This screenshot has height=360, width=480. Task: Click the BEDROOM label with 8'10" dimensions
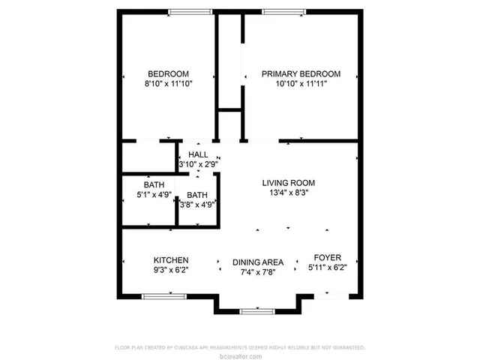point(167,73)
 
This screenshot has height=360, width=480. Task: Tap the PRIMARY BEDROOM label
point(301,73)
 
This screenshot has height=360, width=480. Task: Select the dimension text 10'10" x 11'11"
point(301,84)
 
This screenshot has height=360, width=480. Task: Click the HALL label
point(198,154)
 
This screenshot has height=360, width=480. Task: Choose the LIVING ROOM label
point(288,182)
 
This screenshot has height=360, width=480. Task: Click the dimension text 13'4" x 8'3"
point(288,193)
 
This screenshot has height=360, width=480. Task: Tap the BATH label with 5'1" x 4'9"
point(154,184)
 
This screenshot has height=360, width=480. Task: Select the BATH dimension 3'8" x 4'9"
point(196,203)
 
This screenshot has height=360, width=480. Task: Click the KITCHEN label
point(171,260)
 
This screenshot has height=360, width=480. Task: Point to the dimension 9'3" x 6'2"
point(171,271)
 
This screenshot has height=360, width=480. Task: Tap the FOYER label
point(327,257)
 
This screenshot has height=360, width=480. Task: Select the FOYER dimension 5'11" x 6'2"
point(327,267)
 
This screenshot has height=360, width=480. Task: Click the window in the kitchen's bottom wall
point(163,297)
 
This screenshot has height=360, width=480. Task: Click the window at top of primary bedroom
point(283,11)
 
